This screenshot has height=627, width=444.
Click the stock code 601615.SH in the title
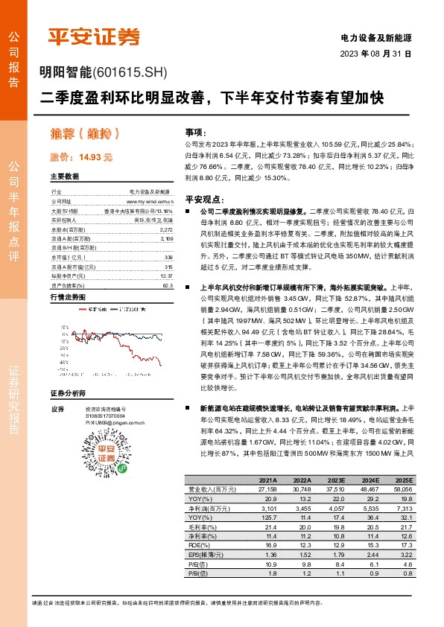pos(131,73)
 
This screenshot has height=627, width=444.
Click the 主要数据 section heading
pos(64,177)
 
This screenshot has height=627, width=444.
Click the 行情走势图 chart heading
pos(67,296)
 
